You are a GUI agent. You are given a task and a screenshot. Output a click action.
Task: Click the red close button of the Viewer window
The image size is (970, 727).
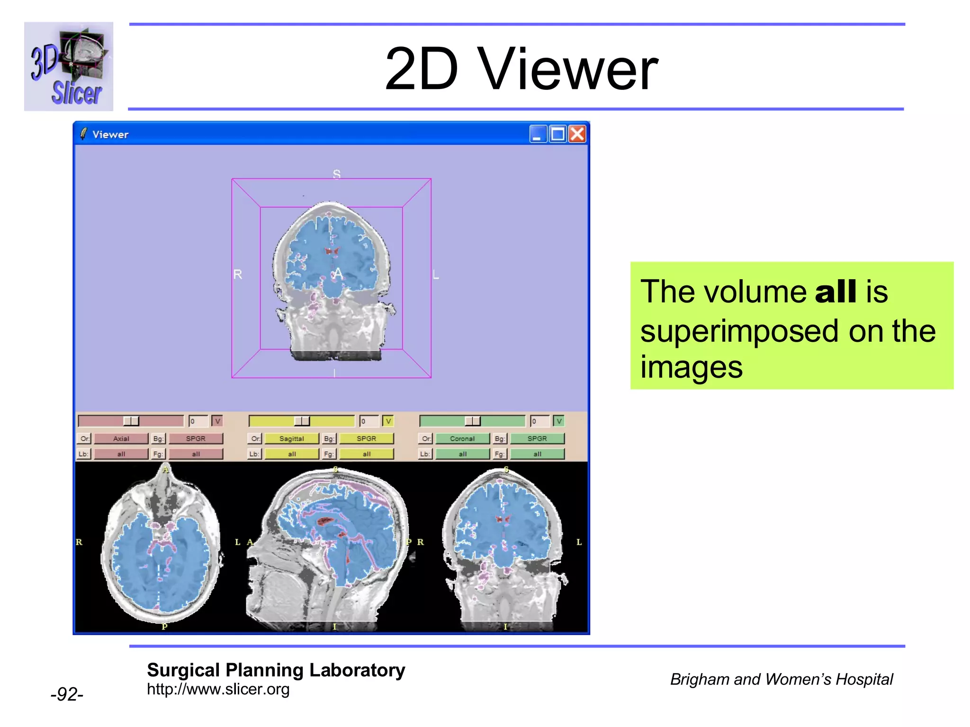[x=577, y=134]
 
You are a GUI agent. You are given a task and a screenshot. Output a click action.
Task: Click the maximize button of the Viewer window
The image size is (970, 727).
[x=558, y=134]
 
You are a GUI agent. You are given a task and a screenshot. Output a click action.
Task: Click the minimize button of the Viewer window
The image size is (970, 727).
[x=538, y=134]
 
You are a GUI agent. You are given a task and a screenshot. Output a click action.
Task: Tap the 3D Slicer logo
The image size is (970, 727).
[x=69, y=67]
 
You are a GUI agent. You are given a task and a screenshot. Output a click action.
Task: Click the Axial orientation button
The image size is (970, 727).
[x=121, y=439]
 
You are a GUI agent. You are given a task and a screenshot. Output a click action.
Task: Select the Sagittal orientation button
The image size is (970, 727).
[x=292, y=439]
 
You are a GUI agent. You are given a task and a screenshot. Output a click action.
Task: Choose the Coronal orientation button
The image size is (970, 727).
[x=462, y=439]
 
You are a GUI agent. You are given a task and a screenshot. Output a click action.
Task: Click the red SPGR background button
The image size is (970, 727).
[x=196, y=439]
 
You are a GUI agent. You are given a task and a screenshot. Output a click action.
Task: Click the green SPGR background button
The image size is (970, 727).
[x=537, y=439]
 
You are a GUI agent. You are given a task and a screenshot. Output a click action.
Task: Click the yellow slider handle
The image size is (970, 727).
[x=302, y=421]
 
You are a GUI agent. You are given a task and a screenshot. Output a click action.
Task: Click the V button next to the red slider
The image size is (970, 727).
[x=217, y=421]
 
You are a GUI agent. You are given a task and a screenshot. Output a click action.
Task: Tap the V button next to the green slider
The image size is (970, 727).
[x=559, y=421]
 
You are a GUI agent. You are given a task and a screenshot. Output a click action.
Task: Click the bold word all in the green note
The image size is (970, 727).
[x=835, y=291]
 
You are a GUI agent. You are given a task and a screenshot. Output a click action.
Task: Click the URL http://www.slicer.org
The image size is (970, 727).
[x=218, y=690]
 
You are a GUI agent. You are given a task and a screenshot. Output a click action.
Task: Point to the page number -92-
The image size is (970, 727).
[x=67, y=694]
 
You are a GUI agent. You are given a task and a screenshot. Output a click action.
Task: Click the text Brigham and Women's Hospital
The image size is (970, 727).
[x=781, y=679]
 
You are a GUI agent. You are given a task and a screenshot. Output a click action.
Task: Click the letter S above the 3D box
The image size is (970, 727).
[x=336, y=174]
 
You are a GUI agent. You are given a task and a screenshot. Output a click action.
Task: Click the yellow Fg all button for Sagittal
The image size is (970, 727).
[x=367, y=454]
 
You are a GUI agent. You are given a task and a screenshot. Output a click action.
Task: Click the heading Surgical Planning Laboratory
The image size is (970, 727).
[x=276, y=670]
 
